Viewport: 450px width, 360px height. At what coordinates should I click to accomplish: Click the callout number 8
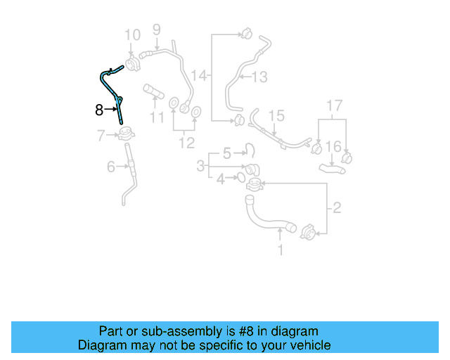pyautogui.click(x=99, y=109)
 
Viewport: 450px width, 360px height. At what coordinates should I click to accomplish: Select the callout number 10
pyautogui.click(x=132, y=34)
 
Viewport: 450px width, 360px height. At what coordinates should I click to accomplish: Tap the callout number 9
pyautogui.click(x=156, y=29)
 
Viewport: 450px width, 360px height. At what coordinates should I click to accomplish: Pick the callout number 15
pyautogui.click(x=276, y=115)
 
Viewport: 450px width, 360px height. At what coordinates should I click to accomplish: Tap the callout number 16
pyautogui.click(x=334, y=146)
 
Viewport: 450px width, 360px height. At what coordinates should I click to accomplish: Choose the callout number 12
pyautogui.click(x=186, y=143)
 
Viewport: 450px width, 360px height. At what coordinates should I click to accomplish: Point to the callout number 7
pyautogui.click(x=101, y=134)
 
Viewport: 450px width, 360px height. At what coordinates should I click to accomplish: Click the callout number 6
pyautogui.click(x=110, y=167)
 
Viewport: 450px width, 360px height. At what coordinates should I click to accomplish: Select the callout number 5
pyautogui.click(x=226, y=153)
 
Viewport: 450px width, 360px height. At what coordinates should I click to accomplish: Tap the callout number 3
pyautogui.click(x=201, y=166)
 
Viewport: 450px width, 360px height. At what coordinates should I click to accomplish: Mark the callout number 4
pyautogui.click(x=221, y=179)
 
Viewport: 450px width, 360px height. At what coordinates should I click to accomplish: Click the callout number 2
pyautogui.click(x=336, y=207)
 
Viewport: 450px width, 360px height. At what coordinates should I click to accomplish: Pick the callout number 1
pyautogui.click(x=281, y=249)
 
